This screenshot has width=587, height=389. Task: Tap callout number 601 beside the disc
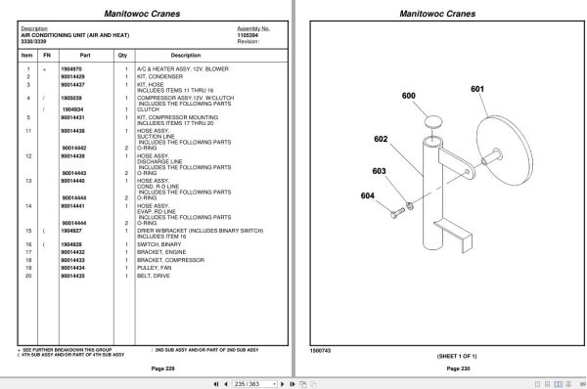coord(476,90)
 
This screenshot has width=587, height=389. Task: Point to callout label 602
coord(381,139)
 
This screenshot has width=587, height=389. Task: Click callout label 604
coord(368,196)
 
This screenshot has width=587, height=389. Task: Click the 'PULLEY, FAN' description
coord(158,269)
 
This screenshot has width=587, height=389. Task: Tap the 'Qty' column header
coord(123,56)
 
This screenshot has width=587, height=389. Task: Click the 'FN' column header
coord(45,56)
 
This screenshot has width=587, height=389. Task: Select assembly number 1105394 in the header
coord(250,35)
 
